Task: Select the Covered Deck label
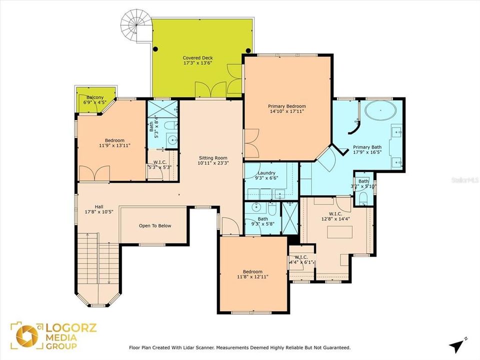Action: tap(197, 58)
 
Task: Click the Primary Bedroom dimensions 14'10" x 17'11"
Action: tap(286, 112)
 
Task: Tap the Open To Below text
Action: tap(155, 225)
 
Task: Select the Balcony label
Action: tap(95, 97)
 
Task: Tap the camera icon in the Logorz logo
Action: tap(26, 335)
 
